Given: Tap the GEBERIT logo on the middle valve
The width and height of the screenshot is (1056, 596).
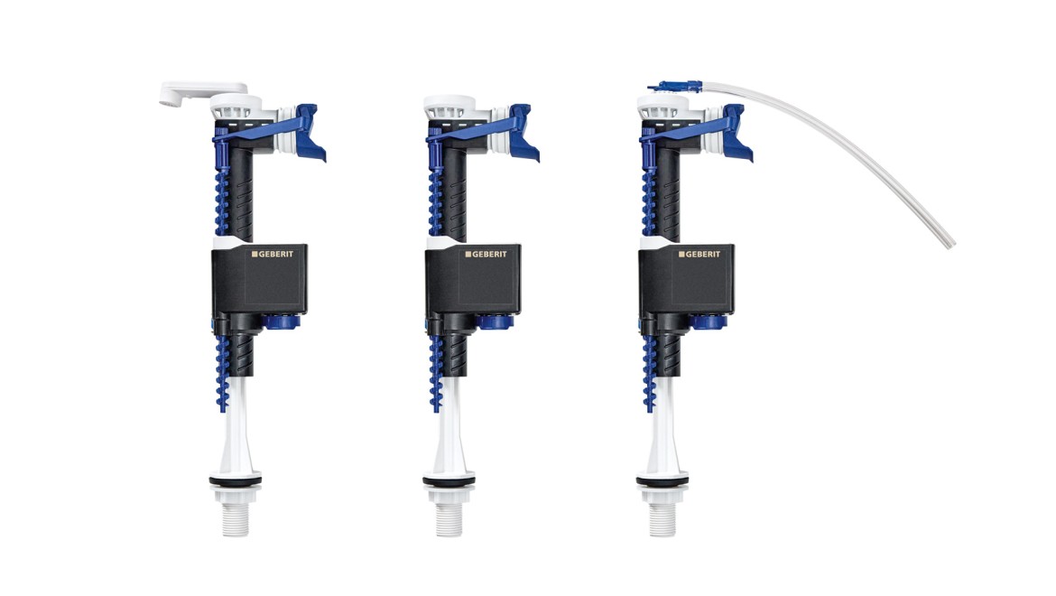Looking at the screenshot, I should click(486, 254).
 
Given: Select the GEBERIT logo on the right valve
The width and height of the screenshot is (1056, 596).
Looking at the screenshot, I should click(699, 254).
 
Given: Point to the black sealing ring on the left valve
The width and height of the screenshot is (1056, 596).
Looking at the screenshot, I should click(235, 479).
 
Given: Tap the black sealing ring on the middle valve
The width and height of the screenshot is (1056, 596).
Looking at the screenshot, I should click(449, 479).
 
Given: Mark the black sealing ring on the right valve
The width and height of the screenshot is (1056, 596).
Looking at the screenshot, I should click(662, 479).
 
